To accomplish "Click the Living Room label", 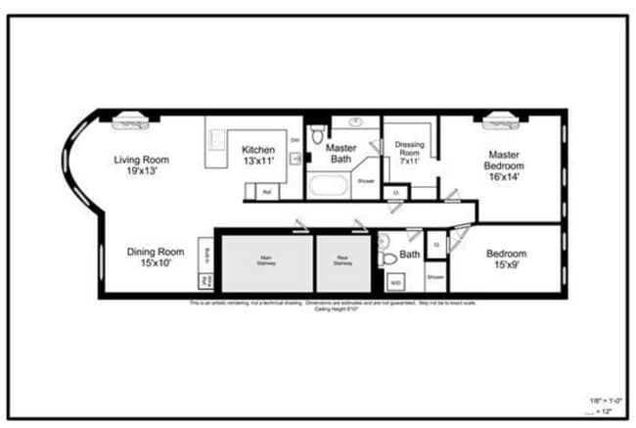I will point(142,165).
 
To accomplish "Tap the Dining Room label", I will point(155,257).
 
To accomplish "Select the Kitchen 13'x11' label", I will point(258,154).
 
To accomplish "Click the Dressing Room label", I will point(409,152).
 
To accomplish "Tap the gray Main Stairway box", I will point(266,262).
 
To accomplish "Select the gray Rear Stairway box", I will point(341,262).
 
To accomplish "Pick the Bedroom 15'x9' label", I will point(506,259).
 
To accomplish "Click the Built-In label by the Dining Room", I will point(206,256).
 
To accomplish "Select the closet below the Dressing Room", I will point(395,193).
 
